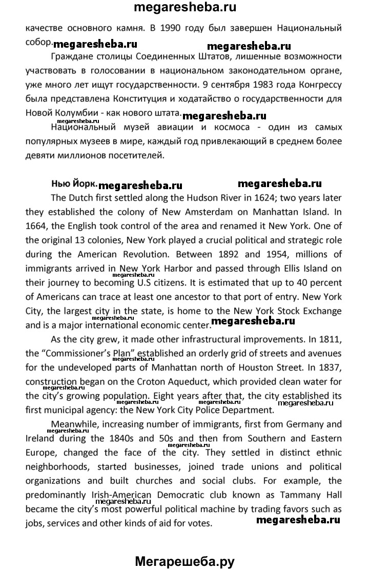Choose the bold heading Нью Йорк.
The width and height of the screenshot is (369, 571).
74,184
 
